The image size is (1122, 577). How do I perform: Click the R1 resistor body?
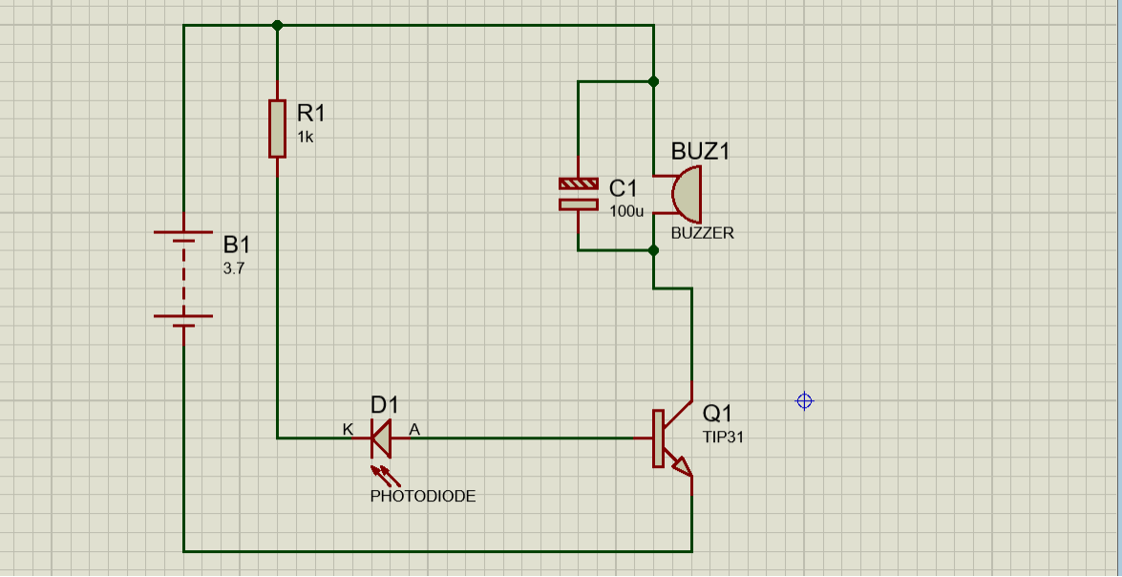click(x=277, y=129)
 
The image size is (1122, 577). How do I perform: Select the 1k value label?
click(x=305, y=138)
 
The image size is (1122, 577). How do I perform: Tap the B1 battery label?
click(x=237, y=245)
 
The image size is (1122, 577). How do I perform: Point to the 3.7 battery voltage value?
click(x=234, y=270)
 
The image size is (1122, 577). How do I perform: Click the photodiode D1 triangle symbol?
click(x=381, y=438)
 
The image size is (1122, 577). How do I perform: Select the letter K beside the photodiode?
click(x=348, y=430)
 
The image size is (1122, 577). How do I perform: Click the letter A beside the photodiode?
click(x=414, y=430)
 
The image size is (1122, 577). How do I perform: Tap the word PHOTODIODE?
click(x=423, y=496)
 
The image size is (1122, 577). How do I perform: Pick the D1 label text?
click(x=384, y=405)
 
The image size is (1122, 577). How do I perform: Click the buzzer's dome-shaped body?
click(x=687, y=194)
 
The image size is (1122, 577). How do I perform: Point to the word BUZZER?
click(x=702, y=233)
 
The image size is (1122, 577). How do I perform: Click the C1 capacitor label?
click(x=623, y=189)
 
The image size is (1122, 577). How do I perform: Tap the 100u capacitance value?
click(x=626, y=212)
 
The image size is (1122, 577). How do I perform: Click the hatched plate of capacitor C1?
click(x=578, y=184)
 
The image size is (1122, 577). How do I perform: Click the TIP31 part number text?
click(x=724, y=438)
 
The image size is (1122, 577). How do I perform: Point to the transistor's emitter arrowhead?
click(x=683, y=467)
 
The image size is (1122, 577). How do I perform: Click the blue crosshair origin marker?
click(x=804, y=401)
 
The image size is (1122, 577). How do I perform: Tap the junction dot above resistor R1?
click(x=278, y=26)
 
